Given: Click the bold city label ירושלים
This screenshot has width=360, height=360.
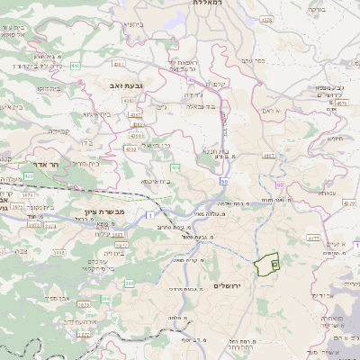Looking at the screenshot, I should click(x=231, y=285).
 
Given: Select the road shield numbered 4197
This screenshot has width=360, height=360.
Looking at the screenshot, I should click(x=268, y=155).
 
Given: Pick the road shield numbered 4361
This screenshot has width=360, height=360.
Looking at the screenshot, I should click(x=134, y=115).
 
